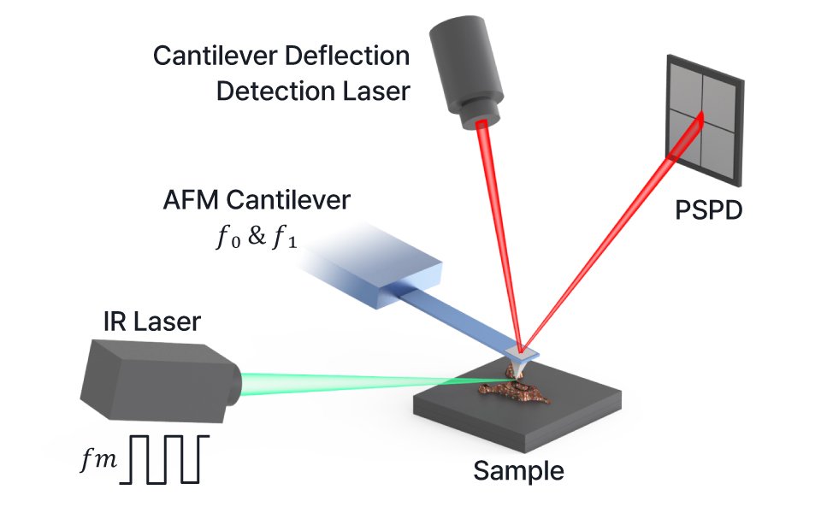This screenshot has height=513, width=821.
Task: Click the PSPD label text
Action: [x=708, y=210]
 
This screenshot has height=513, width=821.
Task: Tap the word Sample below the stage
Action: [x=518, y=470]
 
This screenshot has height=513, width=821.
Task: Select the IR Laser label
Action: [x=152, y=321]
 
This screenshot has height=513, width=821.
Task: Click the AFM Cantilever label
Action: [x=257, y=200]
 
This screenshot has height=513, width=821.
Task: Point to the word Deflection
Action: [x=347, y=56]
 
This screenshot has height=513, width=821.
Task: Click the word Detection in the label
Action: [x=275, y=91]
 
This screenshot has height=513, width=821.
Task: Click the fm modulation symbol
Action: [x=98, y=460]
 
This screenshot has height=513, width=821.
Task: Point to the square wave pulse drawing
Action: [x=164, y=459]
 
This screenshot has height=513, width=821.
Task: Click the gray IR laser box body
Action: [x=157, y=380]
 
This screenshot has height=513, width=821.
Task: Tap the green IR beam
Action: [x=367, y=382]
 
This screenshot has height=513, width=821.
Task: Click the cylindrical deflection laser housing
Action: [x=466, y=68]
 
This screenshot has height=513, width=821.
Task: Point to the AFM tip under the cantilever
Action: [x=519, y=370]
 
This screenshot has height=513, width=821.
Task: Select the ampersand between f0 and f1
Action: [x=257, y=236]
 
